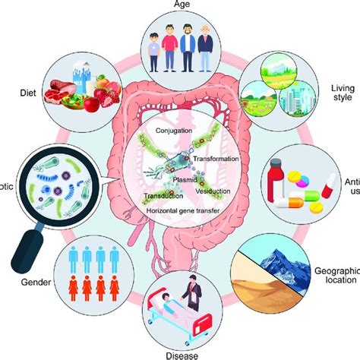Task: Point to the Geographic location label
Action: click(x=335, y=276)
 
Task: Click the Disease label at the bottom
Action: click(x=179, y=354)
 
